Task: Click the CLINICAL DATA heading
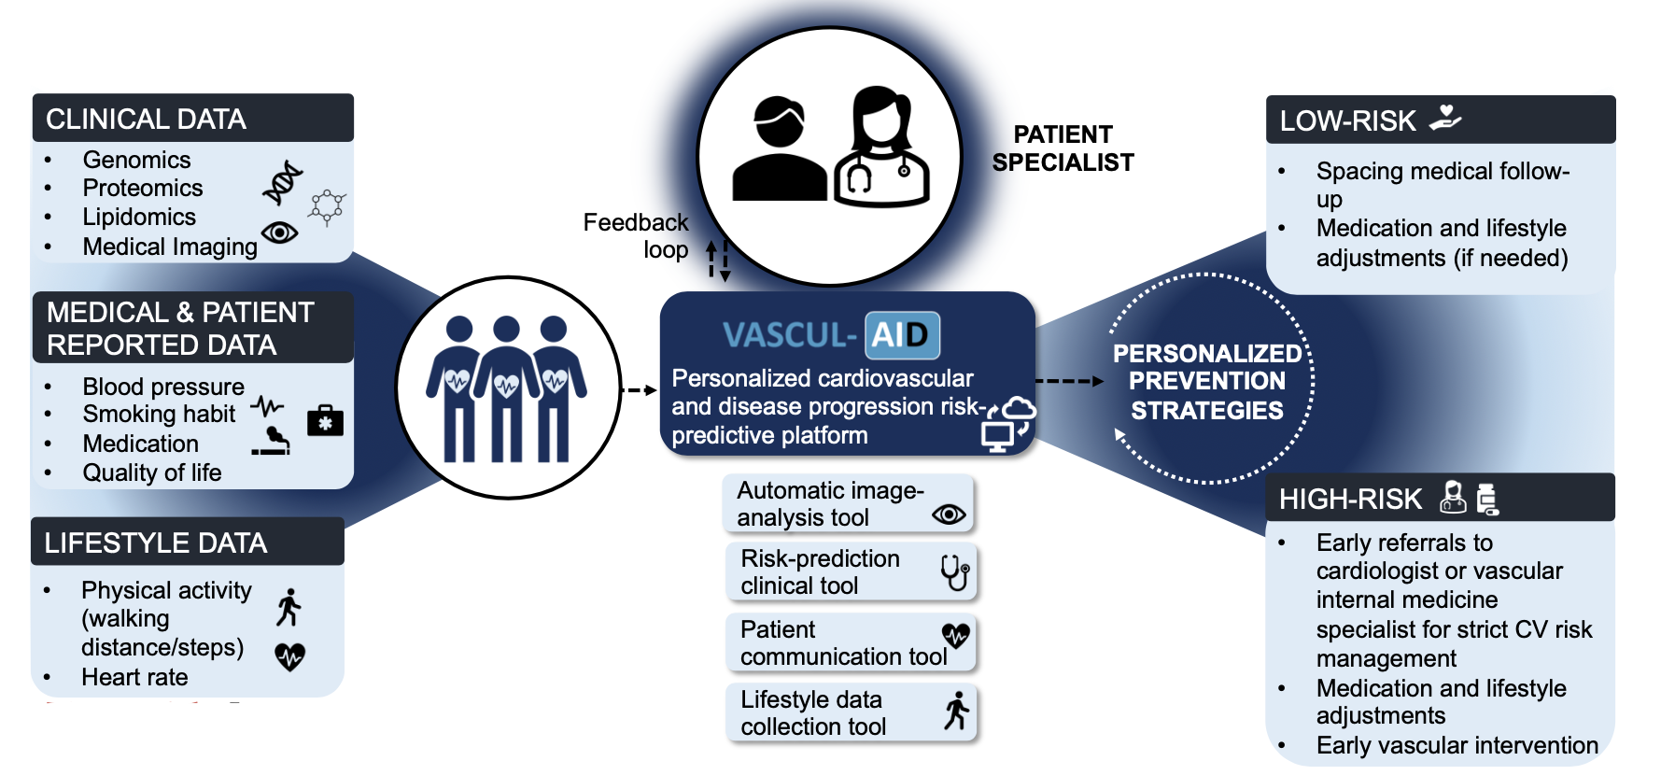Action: (147, 120)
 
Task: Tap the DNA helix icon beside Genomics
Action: (283, 182)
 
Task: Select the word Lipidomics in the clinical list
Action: (139, 217)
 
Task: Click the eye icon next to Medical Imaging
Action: (279, 232)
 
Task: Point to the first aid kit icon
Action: (325, 421)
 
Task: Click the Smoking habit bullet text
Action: (159, 414)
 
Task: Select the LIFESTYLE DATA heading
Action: (156, 542)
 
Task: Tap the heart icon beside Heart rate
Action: (290, 656)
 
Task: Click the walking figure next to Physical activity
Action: (289, 607)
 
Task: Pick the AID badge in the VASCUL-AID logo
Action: (901, 335)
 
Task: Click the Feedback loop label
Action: (637, 235)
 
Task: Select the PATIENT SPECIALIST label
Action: (1063, 148)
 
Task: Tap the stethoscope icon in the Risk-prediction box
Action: (954, 571)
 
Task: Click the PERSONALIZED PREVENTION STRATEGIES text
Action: (1207, 381)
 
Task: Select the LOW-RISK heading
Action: (1347, 121)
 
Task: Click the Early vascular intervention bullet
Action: (1457, 745)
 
